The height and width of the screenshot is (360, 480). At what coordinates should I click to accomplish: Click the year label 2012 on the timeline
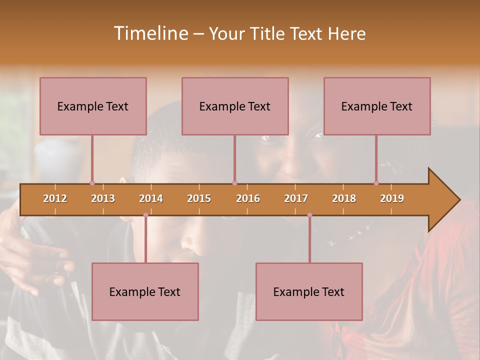tap(55, 198)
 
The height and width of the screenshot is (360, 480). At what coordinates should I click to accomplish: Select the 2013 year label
tap(103, 198)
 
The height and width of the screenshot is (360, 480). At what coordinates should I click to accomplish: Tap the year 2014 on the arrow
tap(151, 198)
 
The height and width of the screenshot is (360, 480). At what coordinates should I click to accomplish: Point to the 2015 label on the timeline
tap(199, 198)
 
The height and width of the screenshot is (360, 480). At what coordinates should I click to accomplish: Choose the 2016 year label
tap(248, 198)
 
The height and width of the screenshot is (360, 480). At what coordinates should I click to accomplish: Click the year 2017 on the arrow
tap(296, 198)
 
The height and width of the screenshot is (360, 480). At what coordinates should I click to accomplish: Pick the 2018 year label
tap(344, 198)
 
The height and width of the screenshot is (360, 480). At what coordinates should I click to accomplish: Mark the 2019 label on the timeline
tap(392, 198)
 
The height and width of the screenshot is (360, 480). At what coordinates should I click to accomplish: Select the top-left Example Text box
tap(93, 106)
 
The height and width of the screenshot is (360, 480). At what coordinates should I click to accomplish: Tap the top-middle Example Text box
tap(235, 106)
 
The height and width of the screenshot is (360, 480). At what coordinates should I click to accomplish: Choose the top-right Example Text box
tap(377, 106)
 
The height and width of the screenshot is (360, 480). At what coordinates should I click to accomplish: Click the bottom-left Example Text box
tap(145, 291)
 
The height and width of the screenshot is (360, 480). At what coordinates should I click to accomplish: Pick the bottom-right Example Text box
tap(309, 291)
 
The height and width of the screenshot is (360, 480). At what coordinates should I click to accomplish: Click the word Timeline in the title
tap(150, 33)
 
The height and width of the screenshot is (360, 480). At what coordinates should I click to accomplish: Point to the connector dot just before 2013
tap(92, 183)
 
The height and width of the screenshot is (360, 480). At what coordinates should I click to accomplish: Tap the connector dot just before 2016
tap(234, 183)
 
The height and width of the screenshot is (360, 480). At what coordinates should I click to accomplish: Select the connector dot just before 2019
tap(376, 183)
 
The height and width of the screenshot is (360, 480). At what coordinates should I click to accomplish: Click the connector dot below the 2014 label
tap(145, 215)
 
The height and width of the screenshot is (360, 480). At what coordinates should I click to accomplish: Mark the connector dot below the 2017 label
tap(309, 215)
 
